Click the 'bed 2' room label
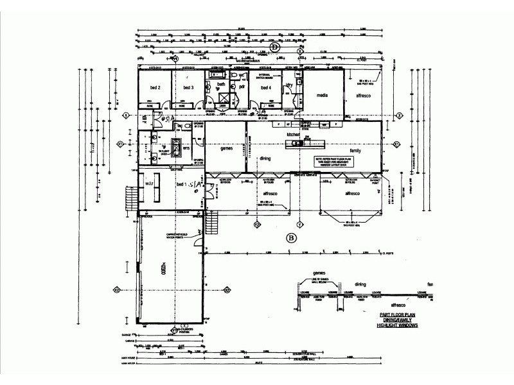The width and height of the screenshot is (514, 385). click(x=155, y=87)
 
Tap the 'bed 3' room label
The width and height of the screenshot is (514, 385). click(x=188, y=87)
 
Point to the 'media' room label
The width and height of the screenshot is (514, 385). click(x=323, y=95)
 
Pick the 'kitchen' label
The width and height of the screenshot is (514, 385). click(x=294, y=134)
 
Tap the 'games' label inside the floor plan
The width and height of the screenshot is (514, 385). click(x=226, y=148)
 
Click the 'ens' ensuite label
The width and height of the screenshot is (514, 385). click(x=186, y=150)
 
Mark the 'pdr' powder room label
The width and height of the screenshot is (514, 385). click(x=242, y=86)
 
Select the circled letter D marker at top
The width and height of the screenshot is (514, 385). click(x=274, y=47)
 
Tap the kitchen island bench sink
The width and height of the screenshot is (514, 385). click(x=297, y=143)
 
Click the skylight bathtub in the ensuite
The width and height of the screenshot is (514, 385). click(x=175, y=144)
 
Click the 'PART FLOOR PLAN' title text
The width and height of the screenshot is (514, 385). click(x=397, y=314)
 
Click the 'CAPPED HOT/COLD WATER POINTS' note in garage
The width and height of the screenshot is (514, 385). click(x=181, y=237)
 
